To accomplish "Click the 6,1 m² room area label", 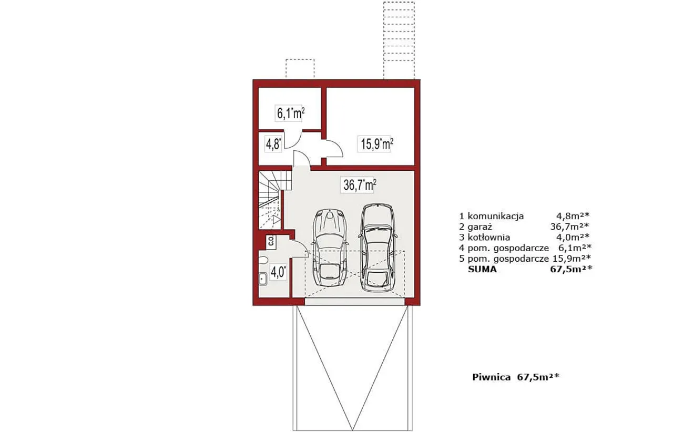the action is (290, 114).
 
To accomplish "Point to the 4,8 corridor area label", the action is (273, 144).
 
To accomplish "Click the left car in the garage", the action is (330, 248).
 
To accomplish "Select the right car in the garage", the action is (378, 248).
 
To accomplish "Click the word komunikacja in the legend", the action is (496, 216).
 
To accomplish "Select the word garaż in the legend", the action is (480, 227).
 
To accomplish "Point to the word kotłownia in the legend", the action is (489, 238).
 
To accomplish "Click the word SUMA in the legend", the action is (482, 270).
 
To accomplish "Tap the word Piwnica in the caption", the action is (491, 377).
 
